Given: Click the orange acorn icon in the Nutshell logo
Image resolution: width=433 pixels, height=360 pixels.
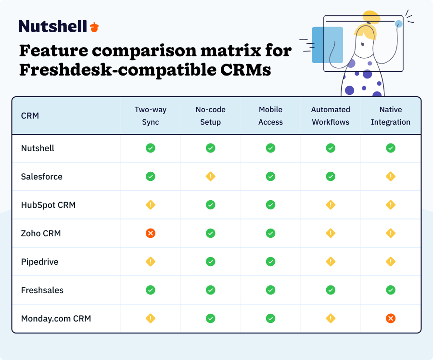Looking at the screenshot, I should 94,27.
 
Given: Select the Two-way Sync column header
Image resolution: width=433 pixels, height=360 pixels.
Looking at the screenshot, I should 150,116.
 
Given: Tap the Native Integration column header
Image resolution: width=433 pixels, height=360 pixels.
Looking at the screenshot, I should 390,116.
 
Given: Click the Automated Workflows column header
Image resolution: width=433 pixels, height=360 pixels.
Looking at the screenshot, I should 331,116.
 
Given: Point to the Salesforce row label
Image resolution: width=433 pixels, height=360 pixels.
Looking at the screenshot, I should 42,177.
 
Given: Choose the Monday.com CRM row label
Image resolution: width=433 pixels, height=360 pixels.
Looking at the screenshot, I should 56,318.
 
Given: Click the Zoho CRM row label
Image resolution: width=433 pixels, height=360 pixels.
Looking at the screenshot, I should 41,233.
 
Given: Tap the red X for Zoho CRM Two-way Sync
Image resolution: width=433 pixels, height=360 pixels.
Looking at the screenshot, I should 151,233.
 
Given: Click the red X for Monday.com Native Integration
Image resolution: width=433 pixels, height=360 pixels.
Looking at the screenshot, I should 391,318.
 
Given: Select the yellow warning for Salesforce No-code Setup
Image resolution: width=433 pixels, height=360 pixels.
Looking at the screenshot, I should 211,177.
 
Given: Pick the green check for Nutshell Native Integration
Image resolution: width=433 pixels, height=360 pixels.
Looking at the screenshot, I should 391,148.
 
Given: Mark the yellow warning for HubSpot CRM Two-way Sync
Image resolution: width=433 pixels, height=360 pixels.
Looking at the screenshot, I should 151,205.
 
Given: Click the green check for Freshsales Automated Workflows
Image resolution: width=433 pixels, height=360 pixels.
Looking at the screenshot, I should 331,290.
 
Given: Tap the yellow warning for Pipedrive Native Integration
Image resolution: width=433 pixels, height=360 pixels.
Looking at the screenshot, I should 391,262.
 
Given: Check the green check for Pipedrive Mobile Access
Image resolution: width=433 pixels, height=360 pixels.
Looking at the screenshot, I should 270,262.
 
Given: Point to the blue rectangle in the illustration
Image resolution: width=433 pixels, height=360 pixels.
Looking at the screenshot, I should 327,45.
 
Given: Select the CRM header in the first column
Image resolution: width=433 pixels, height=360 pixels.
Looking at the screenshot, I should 30,116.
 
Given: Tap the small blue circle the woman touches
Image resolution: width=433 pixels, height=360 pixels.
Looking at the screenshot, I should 398,24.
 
